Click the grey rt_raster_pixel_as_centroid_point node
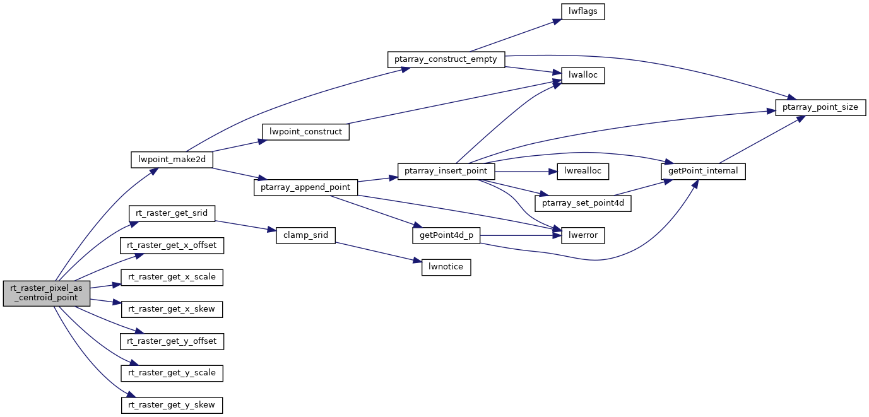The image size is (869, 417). click(x=47, y=293)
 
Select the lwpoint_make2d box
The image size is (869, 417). click(x=172, y=160)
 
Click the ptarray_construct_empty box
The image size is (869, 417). click(x=446, y=60)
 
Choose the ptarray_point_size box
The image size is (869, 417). click(x=820, y=107)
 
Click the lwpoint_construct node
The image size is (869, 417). click(x=305, y=132)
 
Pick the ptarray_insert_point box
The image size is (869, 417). click(x=446, y=171)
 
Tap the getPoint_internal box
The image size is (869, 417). click(x=703, y=171)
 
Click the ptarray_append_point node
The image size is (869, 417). click(x=305, y=187)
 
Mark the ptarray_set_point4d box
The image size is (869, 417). click(x=582, y=203)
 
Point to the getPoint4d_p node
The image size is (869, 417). click(x=446, y=235)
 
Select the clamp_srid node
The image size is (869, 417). click(x=305, y=235)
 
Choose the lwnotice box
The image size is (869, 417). click(x=446, y=267)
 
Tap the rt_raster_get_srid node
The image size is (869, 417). click(x=172, y=213)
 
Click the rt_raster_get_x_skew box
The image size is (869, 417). click(x=172, y=309)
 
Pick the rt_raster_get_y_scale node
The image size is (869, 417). click(x=172, y=373)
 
